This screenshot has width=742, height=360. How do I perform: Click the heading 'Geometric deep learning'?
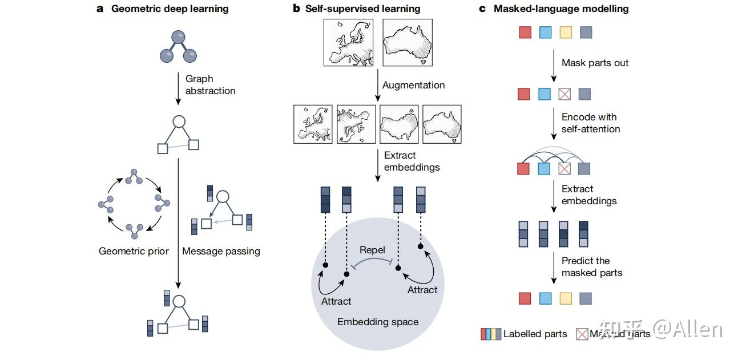170,9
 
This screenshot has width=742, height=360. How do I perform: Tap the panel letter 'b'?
296,9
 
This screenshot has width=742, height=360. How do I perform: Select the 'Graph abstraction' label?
210,84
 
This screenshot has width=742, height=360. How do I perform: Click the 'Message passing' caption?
221,251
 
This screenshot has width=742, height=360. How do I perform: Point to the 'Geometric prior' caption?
134,251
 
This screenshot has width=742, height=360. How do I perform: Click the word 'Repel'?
372,250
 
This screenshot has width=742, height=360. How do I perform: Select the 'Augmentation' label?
413,85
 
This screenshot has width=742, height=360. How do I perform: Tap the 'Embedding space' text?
378,322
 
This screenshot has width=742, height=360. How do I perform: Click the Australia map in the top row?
407,43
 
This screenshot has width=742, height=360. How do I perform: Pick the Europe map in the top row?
348,43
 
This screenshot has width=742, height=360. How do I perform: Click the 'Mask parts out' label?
595,63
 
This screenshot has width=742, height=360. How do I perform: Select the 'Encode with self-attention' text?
590,123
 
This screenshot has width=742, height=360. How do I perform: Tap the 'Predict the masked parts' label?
591,266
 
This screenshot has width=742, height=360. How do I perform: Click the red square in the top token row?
525,33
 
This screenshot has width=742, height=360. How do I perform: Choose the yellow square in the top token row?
565,33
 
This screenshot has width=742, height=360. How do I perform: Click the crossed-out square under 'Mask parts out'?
565,94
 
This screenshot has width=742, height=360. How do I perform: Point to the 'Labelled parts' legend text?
535,334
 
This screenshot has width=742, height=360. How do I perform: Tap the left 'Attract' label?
336,301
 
